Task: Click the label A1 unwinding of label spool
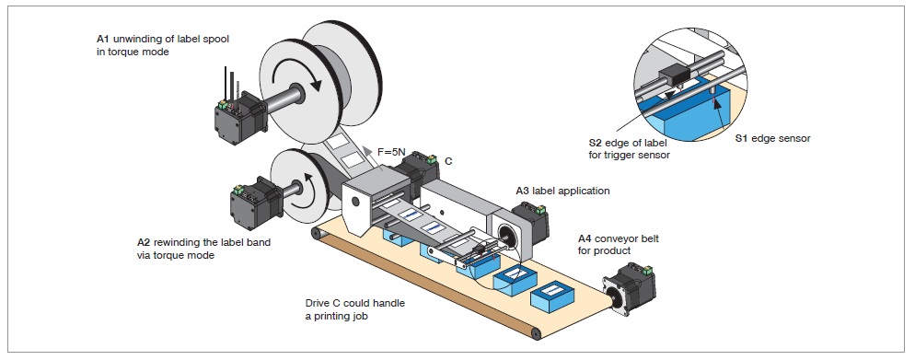163,40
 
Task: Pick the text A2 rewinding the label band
203,242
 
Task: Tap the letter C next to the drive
448,161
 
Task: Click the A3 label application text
562,191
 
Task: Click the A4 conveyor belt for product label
619,245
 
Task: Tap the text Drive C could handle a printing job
354,309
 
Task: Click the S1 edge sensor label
772,139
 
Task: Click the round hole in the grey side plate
354,202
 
